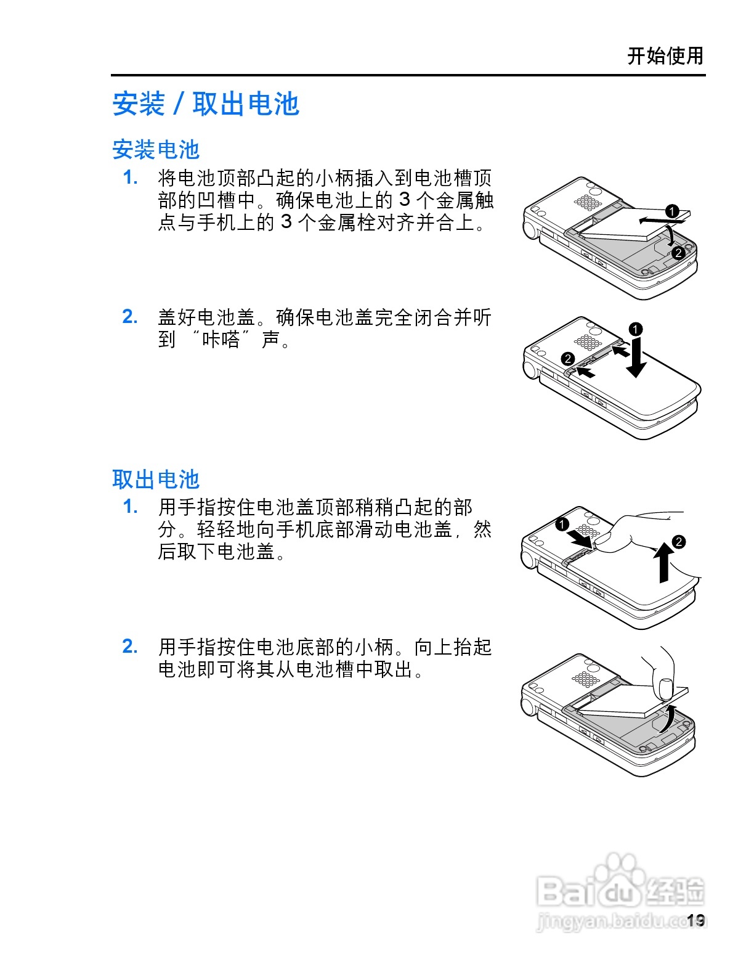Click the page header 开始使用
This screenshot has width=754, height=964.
pyautogui.click(x=665, y=56)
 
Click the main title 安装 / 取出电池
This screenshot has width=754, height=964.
pyautogui.click(x=205, y=104)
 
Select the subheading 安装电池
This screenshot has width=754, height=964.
pyautogui.click(x=156, y=149)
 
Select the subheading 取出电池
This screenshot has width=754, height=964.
pyautogui.click(x=156, y=479)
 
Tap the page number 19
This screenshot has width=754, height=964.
pyautogui.click(x=695, y=920)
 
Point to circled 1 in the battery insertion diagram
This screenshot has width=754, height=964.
pyautogui.click(x=672, y=211)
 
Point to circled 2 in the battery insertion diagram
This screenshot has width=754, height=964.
pyautogui.click(x=678, y=253)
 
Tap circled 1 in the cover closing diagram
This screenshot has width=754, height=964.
pyautogui.click(x=636, y=329)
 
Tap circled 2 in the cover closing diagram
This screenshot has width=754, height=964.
pyautogui.click(x=568, y=359)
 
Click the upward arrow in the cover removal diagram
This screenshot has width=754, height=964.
pyautogui.click(x=663, y=561)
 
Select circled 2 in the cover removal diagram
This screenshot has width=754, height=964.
pyautogui.click(x=678, y=542)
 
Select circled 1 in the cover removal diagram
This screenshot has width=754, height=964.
pyautogui.click(x=562, y=525)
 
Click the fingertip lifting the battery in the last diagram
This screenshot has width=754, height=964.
pyautogui.click(x=665, y=687)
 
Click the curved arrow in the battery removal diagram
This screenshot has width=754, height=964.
pyautogui.click(x=667, y=718)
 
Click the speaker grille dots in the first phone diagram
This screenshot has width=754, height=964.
pyautogui.click(x=588, y=203)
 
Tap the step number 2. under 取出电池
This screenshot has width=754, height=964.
pyautogui.click(x=130, y=646)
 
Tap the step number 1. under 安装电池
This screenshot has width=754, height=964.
pyautogui.click(x=130, y=178)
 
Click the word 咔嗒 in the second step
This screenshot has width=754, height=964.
pyautogui.click(x=221, y=339)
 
